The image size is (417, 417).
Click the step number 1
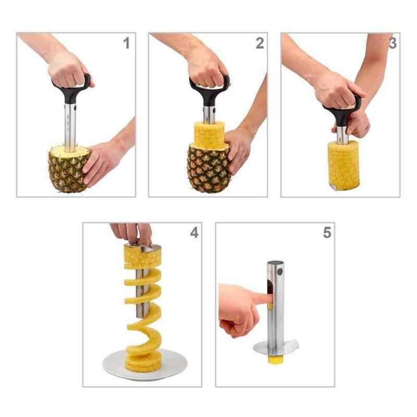(x=126, y=43)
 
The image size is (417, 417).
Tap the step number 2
(x=259, y=43)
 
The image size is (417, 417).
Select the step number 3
(x=392, y=43)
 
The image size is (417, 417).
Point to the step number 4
(x=194, y=232)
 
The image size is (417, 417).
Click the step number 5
(x=327, y=232)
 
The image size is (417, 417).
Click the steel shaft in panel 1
(x=70, y=125)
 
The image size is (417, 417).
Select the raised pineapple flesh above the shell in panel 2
(x=208, y=135)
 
